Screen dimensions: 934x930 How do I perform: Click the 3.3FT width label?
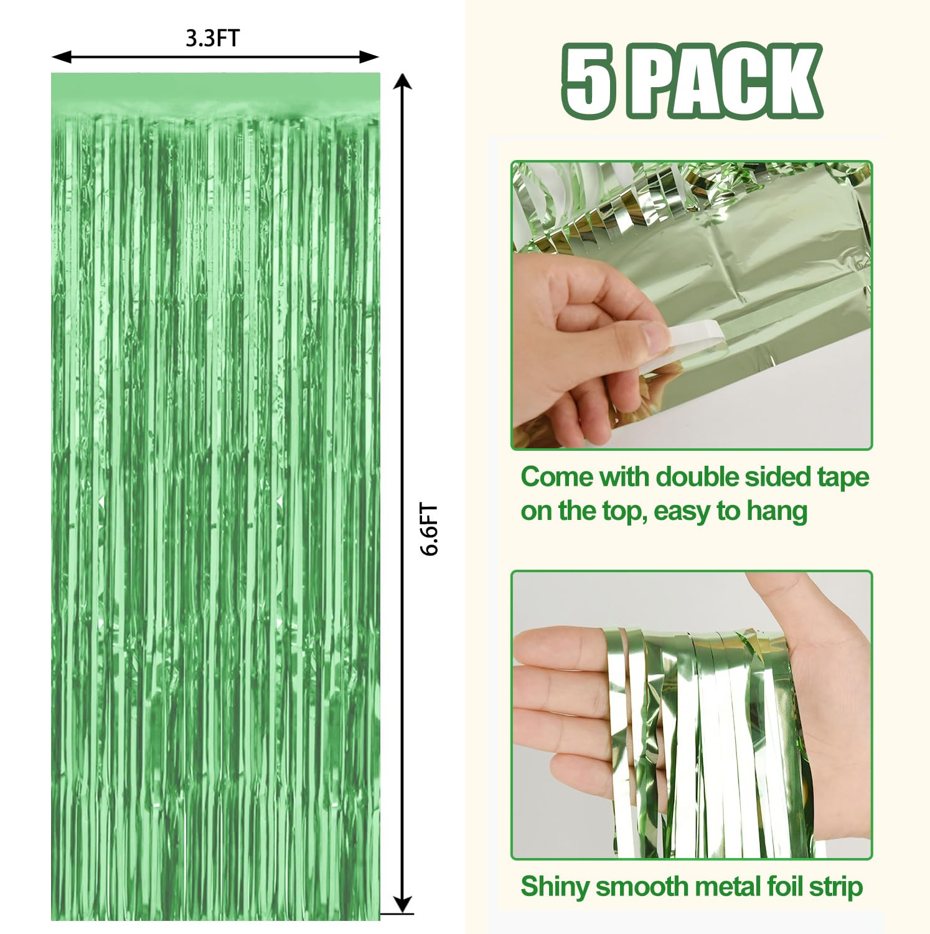pos(212,38)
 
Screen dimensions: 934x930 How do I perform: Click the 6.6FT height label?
pos(429,529)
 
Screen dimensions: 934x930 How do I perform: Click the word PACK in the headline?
pos(725,81)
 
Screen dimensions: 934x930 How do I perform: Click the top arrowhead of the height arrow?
pos(403,82)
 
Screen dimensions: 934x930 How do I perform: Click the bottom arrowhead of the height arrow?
pos(403,905)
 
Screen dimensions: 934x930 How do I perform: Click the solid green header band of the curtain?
pos(215,90)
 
